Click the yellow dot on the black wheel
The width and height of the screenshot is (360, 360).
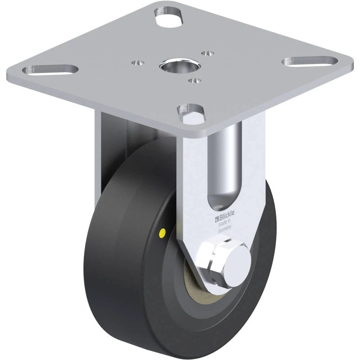162,233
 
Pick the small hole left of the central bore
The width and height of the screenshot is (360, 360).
138,62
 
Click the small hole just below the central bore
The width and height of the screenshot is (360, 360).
194,81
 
